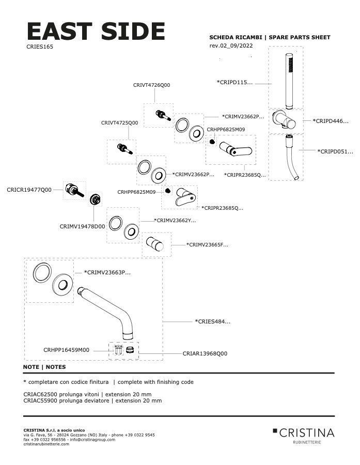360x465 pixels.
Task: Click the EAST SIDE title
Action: (96, 32)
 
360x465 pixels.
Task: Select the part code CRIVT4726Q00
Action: (151, 85)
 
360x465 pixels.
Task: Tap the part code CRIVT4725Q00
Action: (119, 123)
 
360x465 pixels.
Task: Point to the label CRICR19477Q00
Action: (29, 190)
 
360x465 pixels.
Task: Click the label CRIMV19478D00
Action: (82, 226)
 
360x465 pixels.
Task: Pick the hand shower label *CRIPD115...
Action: (235, 82)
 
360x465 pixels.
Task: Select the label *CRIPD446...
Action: (331, 121)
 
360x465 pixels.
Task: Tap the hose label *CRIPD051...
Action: (335, 151)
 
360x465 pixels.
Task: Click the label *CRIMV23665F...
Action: (207, 245)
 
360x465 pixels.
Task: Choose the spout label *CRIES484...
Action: (212, 321)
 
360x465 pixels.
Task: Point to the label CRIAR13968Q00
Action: (205, 354)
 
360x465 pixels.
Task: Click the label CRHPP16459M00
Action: (66, 350)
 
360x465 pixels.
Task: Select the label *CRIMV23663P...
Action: (107, 272)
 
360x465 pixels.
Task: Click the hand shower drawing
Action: (290, 80)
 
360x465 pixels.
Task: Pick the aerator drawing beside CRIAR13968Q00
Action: (130, 350)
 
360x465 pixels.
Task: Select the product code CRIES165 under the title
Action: (40, 47)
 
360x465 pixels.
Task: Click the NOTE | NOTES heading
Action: (44, 367)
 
